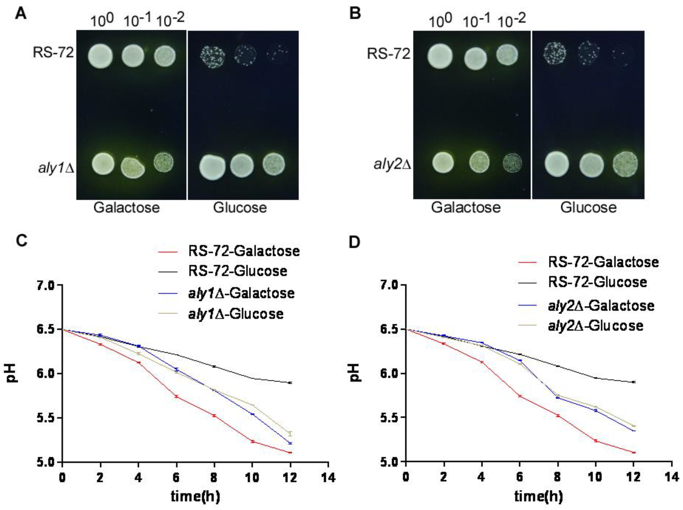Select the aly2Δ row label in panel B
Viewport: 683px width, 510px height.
tap(392, 164)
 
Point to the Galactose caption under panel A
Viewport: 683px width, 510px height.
tap(127, 207)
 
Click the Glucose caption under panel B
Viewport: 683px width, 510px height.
tap(588, 207)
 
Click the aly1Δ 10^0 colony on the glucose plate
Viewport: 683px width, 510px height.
tap(212, 166)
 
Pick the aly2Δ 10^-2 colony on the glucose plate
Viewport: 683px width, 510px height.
tap(625, 164)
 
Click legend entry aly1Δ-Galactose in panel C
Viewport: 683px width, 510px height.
tap(241, 293)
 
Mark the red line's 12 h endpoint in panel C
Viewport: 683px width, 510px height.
tap(290, 453)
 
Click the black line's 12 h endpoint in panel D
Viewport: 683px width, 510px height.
tap(634, 382)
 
